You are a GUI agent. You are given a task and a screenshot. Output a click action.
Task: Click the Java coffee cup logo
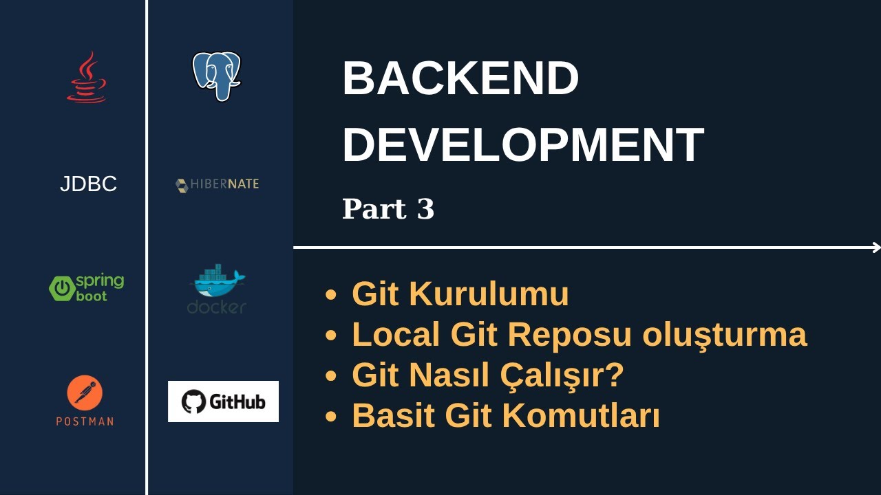[x=87, y=78]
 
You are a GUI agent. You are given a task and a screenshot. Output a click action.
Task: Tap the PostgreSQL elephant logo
[x=216, y=76]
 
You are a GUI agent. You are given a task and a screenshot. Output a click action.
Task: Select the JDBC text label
[x=88, y=184]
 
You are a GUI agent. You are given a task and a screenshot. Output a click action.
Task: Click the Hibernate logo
[x=217, y=184]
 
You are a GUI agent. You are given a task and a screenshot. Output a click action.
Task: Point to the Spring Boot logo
[x=87, y=287]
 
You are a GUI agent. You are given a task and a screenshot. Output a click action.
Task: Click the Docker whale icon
[x=217, y=282]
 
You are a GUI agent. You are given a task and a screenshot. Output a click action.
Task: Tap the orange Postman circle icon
[x=85, y=393]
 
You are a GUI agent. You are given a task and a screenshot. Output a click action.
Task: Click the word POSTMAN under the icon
[x=85, y=421]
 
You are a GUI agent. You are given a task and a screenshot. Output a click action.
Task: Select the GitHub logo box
[x=223, y=401]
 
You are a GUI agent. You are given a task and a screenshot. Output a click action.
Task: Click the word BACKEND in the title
[x=460, y=78]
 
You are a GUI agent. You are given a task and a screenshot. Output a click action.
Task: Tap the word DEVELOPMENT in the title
[x=522, y=144]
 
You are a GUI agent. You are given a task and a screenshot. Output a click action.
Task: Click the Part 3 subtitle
[x=388, y=209]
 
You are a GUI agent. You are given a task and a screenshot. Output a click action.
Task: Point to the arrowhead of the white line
[x=877, y=247]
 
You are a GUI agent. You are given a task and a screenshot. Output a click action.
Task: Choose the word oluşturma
[x=724, y=335]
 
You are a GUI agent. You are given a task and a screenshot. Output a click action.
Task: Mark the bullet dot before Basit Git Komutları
[x=332, y=417]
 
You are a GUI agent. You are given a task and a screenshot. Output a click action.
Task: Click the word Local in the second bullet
[x=396, y=335]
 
